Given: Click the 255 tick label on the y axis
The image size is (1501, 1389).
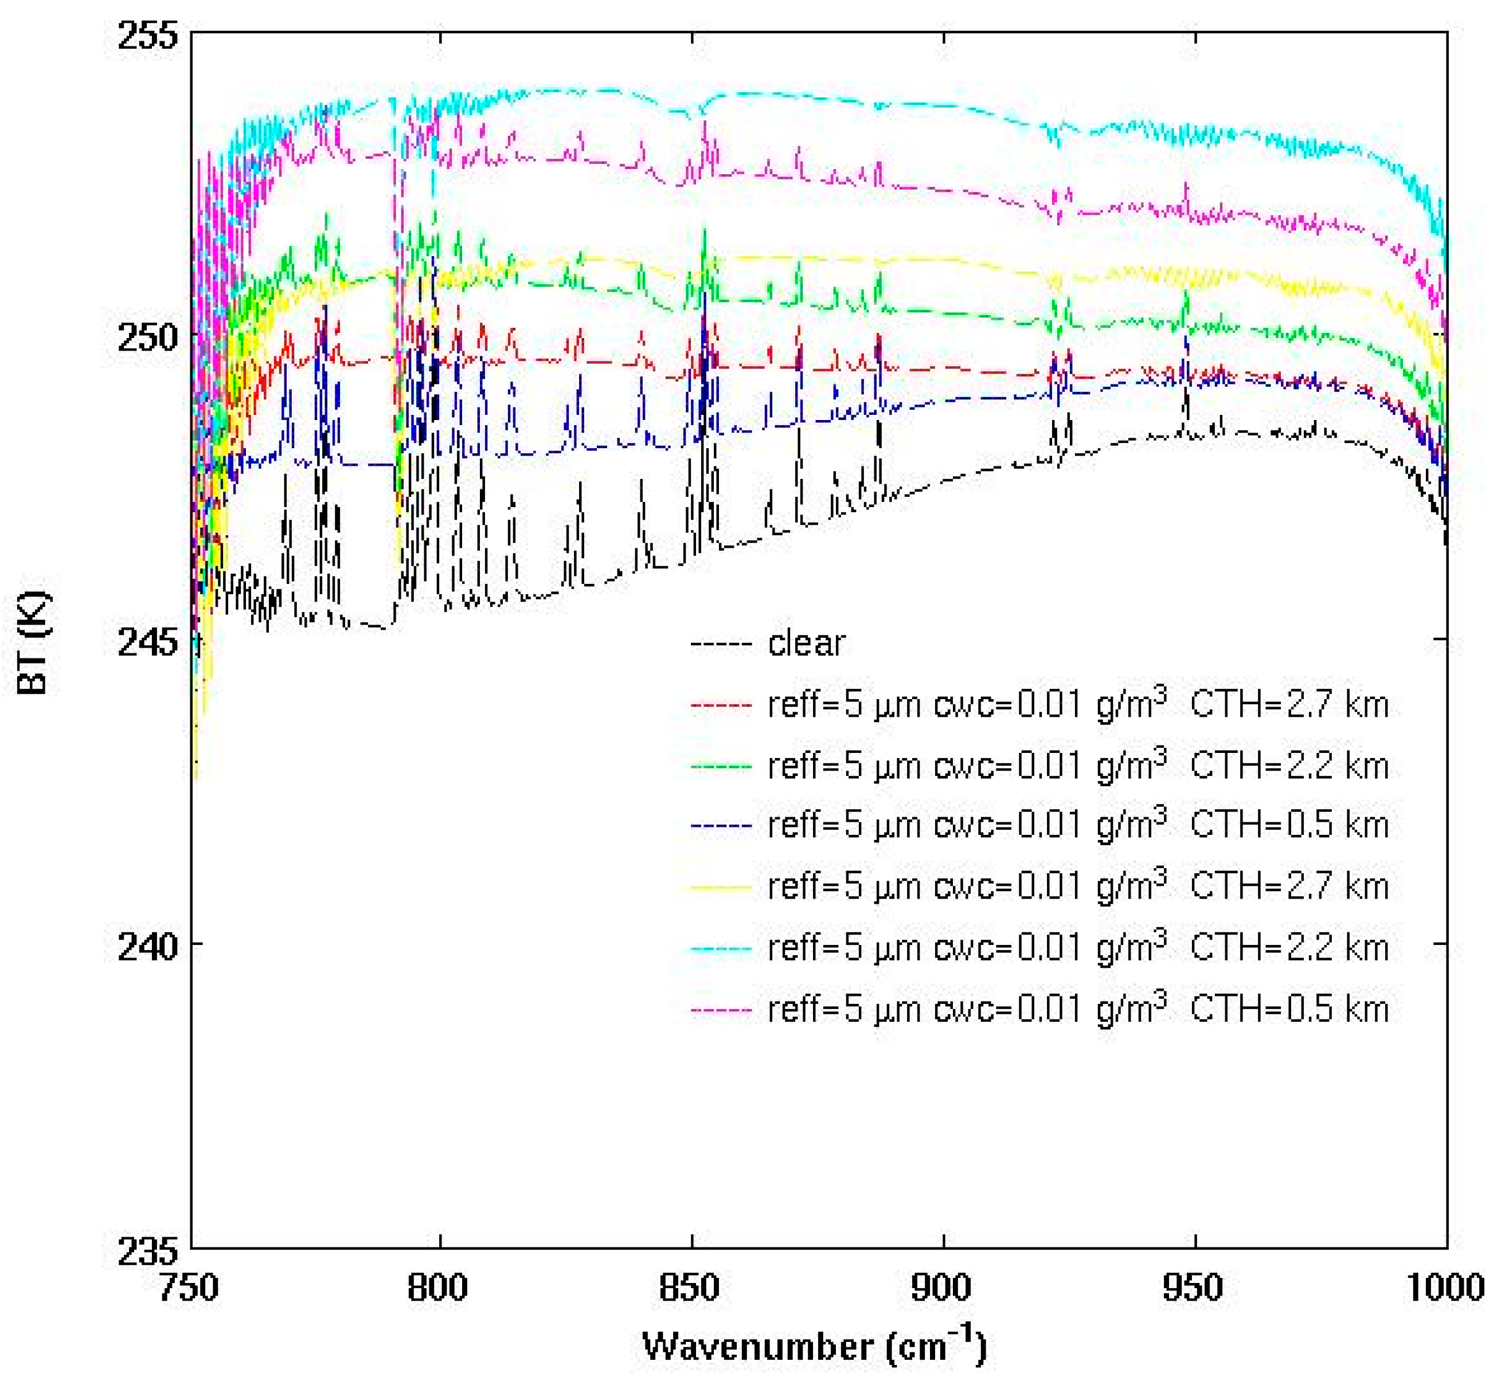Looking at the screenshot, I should point(147,36).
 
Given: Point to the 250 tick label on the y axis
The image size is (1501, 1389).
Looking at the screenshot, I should point(147,338).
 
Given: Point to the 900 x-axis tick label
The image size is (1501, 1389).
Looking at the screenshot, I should point(941,1288).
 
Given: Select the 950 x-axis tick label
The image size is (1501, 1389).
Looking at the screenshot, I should point(1193,1288).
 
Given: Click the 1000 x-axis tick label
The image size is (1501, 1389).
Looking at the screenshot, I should point(1445,1288).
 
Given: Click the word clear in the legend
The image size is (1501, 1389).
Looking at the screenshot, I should point(806,644).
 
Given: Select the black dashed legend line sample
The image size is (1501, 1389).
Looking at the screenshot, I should point(721,644).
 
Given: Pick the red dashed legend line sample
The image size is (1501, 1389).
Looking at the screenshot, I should point(721,705).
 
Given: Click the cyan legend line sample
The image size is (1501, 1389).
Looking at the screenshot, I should point(721,948).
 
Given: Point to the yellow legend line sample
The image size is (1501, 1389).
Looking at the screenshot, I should point(721,888).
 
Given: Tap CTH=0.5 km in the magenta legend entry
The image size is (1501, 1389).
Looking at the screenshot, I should point(1288,1009).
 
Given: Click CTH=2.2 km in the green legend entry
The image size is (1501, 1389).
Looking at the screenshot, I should point(1288,766).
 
